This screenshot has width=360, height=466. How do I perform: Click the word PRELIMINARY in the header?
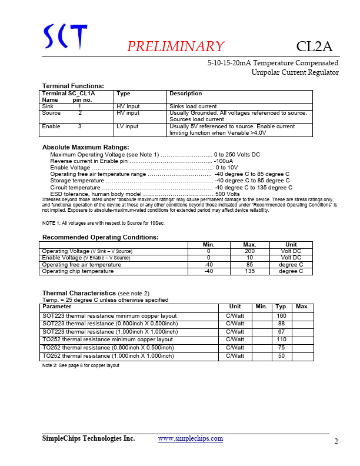(x=175, y=47)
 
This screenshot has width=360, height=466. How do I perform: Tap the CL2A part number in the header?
(x=315, y=46)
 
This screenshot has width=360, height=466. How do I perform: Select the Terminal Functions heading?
(x=73, y=86)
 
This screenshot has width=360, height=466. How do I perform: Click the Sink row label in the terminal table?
(x=47, y=106)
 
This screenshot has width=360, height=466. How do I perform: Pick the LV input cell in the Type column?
(x=128, y=127)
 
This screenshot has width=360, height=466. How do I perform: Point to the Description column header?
(x=185, y=94)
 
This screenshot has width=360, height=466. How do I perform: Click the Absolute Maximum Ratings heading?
(x=85, y=147)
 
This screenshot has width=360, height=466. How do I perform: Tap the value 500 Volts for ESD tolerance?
(x=228, y=194)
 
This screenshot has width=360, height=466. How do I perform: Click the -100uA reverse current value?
(x=224, y=161)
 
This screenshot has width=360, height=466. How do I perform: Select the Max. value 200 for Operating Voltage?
(x=249, y=251)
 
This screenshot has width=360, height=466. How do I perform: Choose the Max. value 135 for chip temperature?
(x=249, y=271)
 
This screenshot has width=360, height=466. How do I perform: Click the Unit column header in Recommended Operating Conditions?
(x=291, y=245)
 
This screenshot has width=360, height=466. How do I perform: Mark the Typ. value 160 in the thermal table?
(x=281, y=316)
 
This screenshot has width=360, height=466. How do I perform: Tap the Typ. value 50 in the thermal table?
(x=281, y=356)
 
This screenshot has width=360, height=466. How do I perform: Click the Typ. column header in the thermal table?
(x=281, y=307)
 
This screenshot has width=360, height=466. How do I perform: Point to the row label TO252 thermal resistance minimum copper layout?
(x=107, y=339)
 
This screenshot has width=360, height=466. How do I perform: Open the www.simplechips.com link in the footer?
(x=191, y=439)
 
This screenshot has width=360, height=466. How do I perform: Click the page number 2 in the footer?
(x=336, y=442)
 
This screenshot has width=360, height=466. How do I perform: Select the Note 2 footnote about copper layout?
(x=81, y=365)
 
